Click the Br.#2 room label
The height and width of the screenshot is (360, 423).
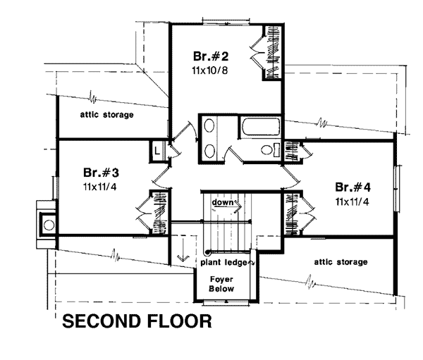coord(211,56)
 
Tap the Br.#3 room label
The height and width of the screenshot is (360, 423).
coord(101,173)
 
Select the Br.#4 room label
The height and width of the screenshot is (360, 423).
coord(353,187)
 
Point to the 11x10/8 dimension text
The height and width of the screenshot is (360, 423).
coord(210,70)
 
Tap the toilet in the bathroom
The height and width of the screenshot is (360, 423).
coord(269,150)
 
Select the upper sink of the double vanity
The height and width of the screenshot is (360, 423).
coord(209,126)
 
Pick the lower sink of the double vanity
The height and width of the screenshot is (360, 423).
coord(209,151)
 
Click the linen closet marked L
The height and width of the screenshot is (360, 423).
coord(157,151)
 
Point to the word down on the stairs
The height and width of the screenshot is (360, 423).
coord(223,202)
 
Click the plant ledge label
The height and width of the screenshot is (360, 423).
coord(223,262)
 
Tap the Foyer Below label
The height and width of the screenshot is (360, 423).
coord(222,284)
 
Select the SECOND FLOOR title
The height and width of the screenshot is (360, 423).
coord(137,321)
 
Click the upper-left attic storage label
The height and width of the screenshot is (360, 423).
coord(107,115)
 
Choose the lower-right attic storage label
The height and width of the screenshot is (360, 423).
coord(341,262)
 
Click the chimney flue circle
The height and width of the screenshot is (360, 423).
coord(49,225)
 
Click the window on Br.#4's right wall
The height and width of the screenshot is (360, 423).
coord(398,188)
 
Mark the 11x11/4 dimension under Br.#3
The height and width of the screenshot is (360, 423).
coord(100,187)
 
